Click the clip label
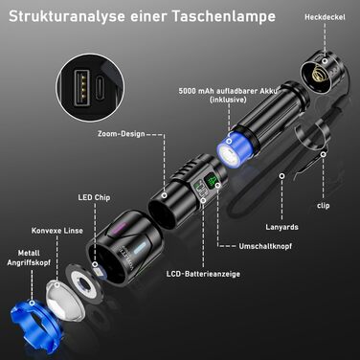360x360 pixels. click(325, 205)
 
